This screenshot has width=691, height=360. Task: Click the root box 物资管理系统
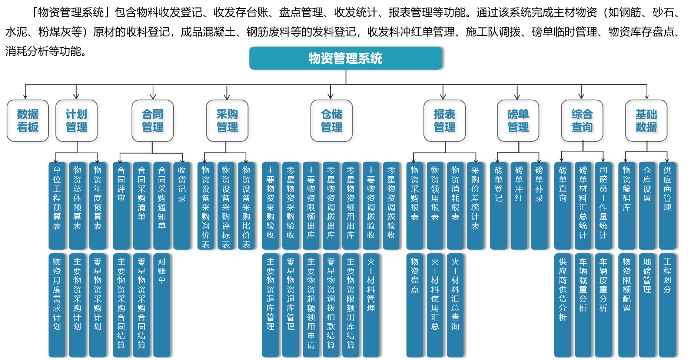coord(345,58)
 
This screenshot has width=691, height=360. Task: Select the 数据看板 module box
coord(29,121)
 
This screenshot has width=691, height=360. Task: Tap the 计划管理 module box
coord(78,121)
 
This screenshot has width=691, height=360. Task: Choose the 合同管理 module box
coord(154,121)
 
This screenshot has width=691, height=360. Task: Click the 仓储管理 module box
coord(333,121)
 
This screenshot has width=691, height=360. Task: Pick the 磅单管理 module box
coord(519,121)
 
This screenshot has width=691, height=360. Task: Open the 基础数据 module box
coord(648,121)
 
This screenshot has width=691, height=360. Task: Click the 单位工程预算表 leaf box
coord(57,206)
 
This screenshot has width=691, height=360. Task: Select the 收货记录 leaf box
coord(182,206)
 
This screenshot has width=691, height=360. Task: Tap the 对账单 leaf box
coord(162,305)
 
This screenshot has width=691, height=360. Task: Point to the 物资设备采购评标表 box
coord(226,206)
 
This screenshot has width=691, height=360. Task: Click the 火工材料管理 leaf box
coord(371,305)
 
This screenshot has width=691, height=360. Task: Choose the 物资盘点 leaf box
coord(415,305)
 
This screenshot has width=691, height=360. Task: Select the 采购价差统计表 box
coord(475,206)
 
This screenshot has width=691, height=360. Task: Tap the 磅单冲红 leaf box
coord(519,206)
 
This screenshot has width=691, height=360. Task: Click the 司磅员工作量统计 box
coord(603,206)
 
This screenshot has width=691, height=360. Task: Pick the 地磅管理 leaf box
coord(647,305)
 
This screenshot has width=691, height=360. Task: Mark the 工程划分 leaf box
coord(667,305)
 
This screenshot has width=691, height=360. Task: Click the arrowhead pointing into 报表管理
coord(444,97)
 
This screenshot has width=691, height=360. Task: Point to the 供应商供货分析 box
coord(562,305)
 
